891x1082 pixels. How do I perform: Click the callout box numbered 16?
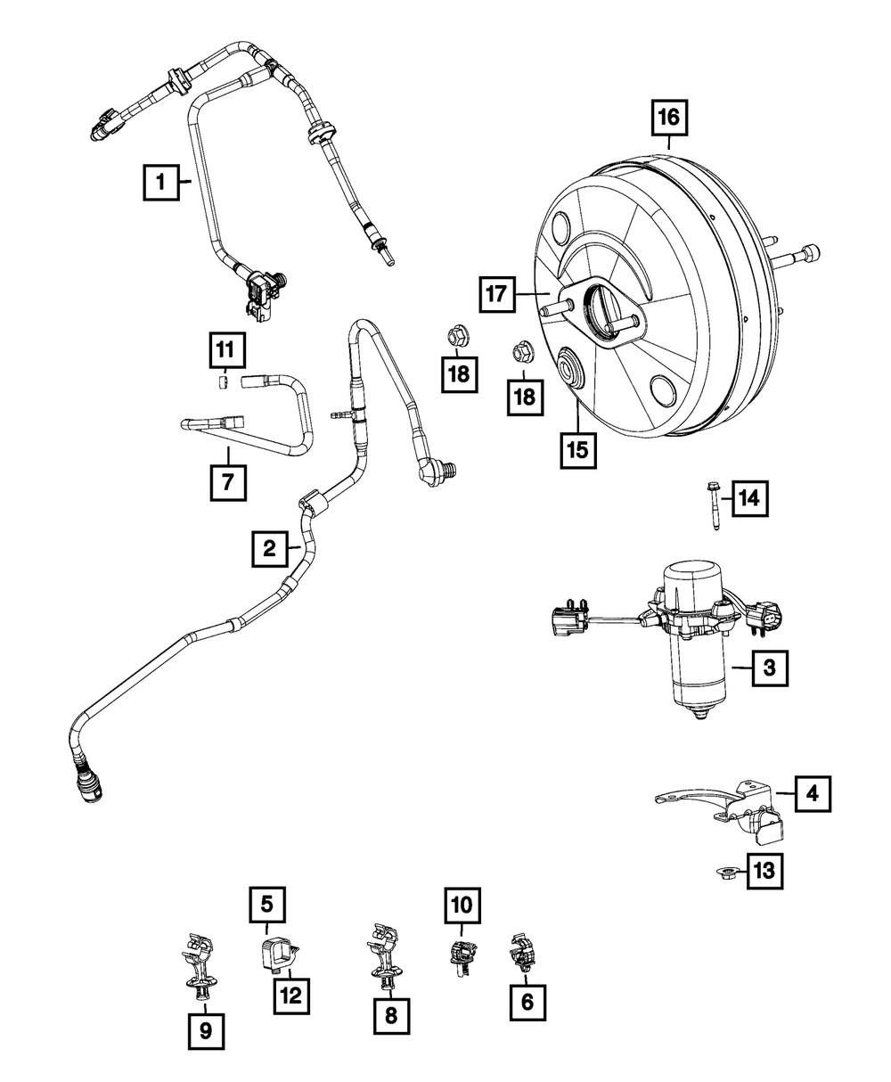tap(669, 118)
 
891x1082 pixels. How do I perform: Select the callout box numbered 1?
tap(161, 183)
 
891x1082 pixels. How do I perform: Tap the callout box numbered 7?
tap(228, 483)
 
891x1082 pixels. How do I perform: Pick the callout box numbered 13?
tap(764, 871)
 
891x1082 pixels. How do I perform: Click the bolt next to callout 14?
tap(714, 505)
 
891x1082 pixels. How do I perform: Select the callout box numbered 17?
tap(497, 294)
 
